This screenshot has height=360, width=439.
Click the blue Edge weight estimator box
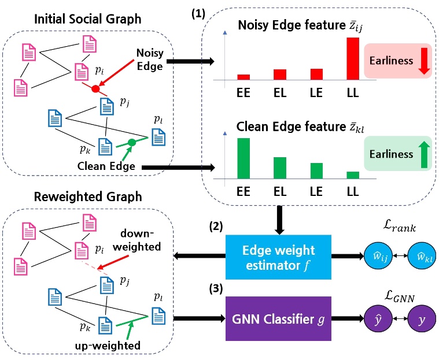279,258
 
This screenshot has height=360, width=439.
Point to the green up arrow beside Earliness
424,154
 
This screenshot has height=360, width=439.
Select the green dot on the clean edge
132,142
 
